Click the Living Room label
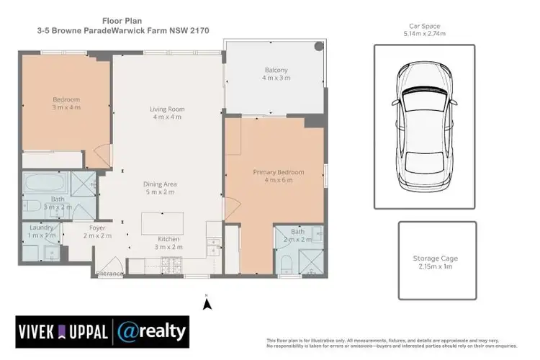166,109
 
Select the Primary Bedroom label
278,173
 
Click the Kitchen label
169,239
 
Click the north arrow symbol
207,304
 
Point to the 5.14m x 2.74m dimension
424,33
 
